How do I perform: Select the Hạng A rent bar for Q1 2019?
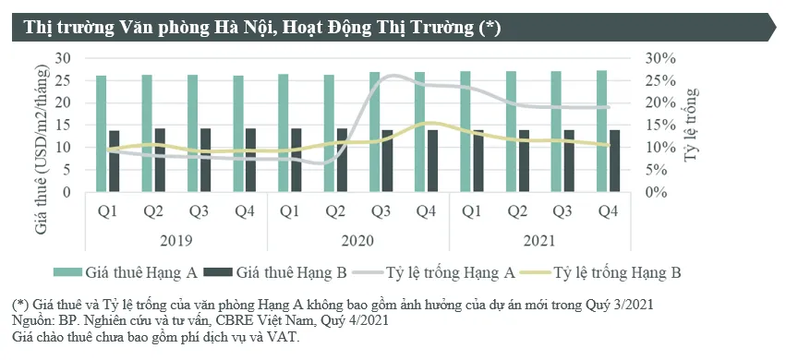101,134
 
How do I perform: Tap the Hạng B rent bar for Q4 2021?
614,161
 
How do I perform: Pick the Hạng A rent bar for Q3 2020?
374,132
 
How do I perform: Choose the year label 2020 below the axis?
357,241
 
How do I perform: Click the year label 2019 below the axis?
175,241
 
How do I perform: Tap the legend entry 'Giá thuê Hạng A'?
138,272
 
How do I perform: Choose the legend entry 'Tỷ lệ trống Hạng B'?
618,272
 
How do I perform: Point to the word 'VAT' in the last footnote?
284,337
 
